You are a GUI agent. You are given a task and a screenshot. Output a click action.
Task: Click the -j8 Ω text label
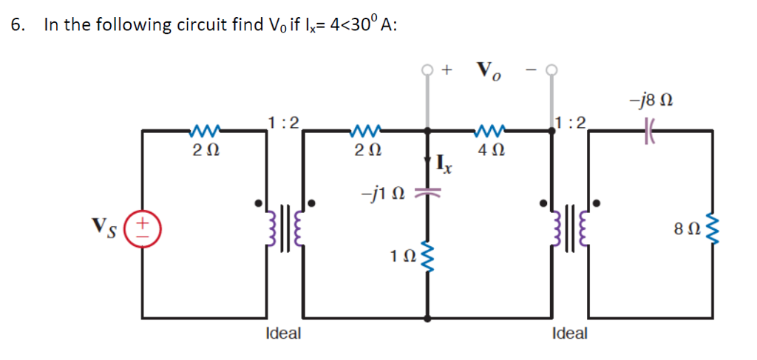click(650, 98)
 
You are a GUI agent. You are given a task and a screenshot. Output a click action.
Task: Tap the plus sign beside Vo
click(447, 69)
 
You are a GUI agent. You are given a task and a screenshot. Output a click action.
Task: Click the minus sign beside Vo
click(530, 70)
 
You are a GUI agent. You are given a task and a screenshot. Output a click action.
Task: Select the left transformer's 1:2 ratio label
click(284, 122)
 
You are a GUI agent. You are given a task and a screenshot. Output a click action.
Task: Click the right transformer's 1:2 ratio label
click(571, 122)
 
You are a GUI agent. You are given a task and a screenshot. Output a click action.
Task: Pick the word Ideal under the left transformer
click(283, 333)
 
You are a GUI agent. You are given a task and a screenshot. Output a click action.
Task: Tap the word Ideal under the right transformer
click(569, 333)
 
